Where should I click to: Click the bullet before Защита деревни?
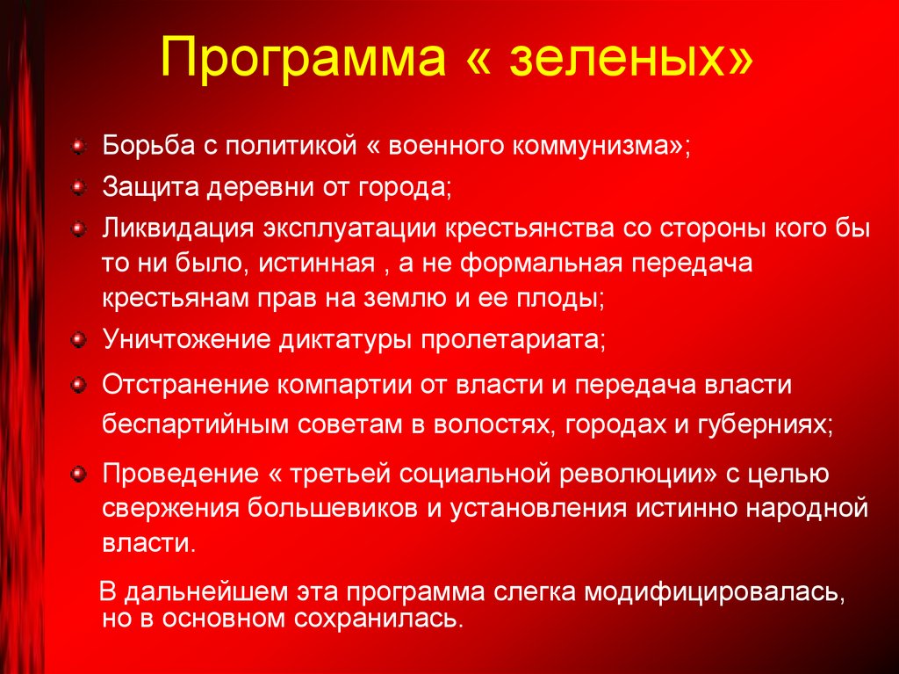78,186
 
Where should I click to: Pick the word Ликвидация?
176,228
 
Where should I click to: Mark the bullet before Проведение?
78,475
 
